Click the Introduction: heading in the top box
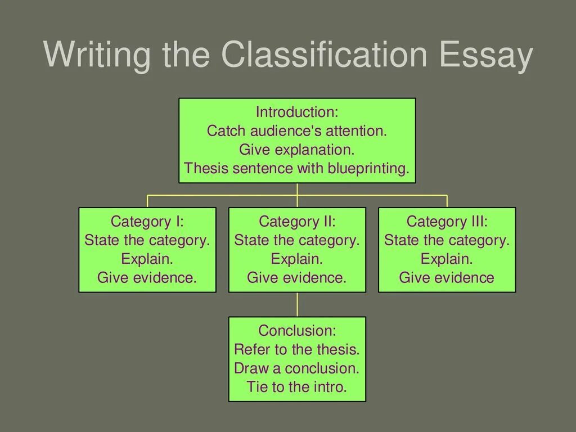pos(296,112)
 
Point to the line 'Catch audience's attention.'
pos(297,131)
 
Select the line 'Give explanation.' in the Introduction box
pos(296,150)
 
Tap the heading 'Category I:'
pos(147,222)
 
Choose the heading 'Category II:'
pos(297,222)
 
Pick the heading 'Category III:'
pos(447,222)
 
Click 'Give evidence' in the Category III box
pos(447,278)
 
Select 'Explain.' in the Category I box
pos(147,259)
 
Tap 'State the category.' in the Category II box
pos(297,241)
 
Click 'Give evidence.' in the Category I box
pos(147,278)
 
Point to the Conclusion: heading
pos(297,330)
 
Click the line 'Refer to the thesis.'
pos(297,349)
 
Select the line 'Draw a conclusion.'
pos(297,368)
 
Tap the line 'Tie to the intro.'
pos(297,387)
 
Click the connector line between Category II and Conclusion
pos(297,304)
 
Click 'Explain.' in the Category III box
pos(447,259)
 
